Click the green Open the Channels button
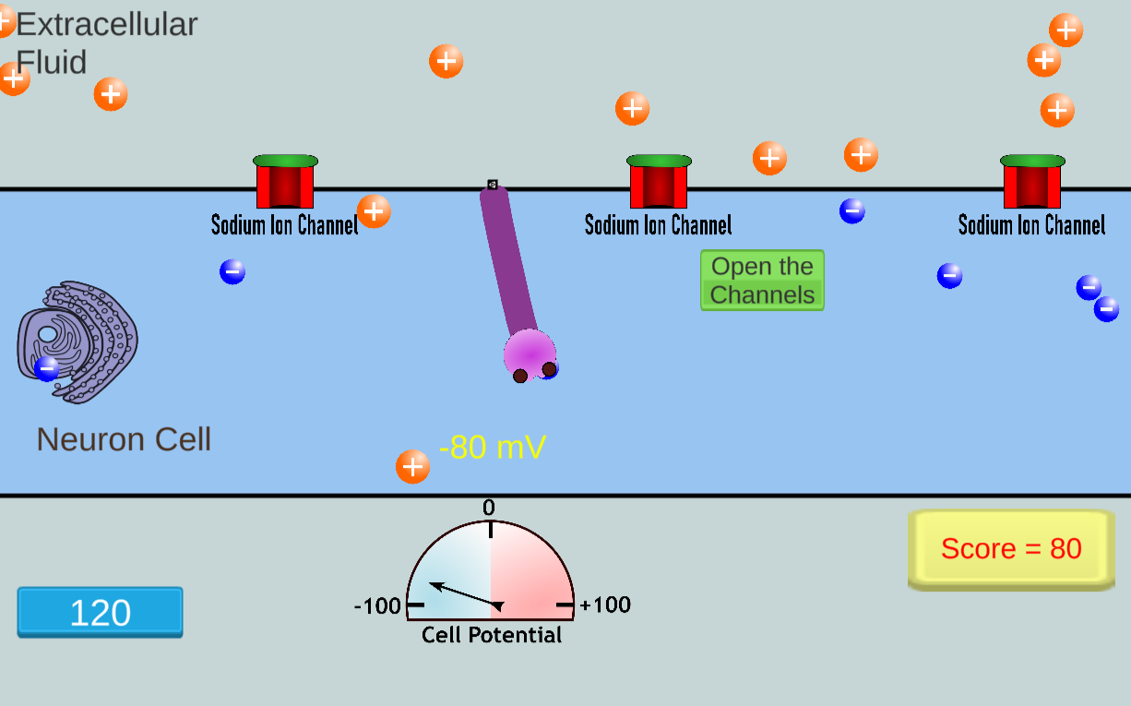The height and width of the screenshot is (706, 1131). (762, 281)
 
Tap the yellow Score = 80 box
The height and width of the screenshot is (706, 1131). (1011, 549)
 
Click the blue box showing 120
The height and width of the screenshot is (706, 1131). (100, 613)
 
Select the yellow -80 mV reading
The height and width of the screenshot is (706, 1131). (493, 448)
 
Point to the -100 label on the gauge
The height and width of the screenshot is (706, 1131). (377, 606)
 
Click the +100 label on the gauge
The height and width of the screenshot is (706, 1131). (606, 605)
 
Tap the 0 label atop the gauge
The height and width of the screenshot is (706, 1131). (489, 508)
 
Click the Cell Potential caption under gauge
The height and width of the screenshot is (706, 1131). (492, 635)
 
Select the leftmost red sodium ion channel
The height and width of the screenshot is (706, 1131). (285, 182)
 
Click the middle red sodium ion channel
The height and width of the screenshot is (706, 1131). (659, 182)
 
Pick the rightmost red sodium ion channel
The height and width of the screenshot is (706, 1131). (1032, 182)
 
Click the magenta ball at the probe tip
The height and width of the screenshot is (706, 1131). (529, 352)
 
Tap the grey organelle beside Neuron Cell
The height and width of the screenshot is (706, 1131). (78, 341)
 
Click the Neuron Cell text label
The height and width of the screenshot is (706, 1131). (124, 439)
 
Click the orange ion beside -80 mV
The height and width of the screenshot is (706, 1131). (412, 467)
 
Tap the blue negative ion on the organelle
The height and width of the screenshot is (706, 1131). (46, 368)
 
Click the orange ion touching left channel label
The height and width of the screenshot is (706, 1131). (374, 211)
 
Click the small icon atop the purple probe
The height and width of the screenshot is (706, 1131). (493, 185)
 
